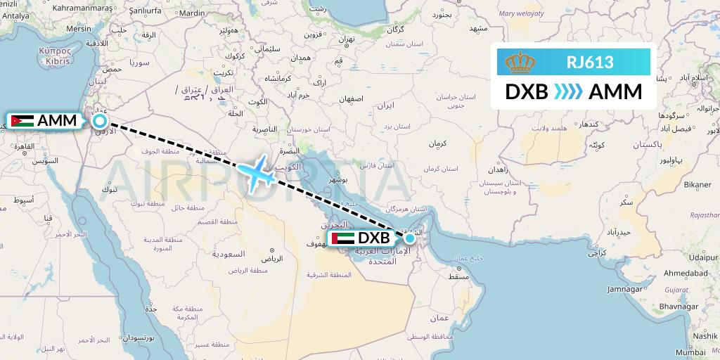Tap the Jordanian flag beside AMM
click(x=22, y=121)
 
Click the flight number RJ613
click(x=590, y=63)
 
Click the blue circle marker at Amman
click(x=100, y=122)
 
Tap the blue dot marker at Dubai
click(x=410, y=239)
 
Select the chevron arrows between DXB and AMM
click(x=568, y=92)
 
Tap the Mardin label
click(x=192, y=13)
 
